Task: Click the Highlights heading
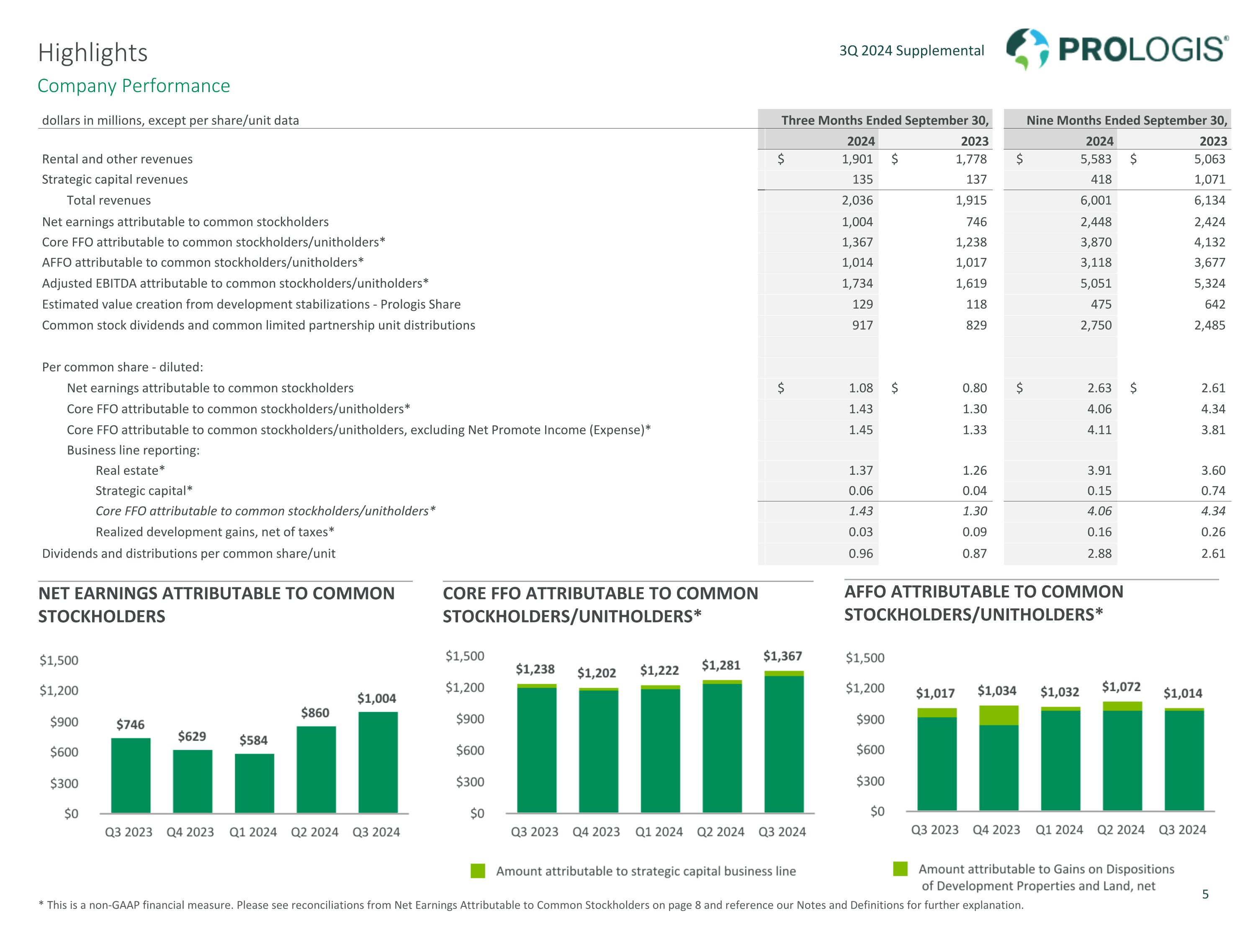pos(93,53)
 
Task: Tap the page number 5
pos(1205,894)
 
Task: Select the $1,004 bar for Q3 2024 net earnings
pos(378,762)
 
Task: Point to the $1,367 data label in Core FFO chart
pos(782,656)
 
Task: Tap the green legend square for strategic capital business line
pos(478,871)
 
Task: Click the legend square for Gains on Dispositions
pos(900,869)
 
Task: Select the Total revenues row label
pos(108,201)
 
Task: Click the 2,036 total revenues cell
pos(857,201)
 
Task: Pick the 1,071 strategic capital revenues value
pos(1210,180)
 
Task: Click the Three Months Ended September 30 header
pos(884,121)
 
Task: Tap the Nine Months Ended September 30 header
pos(1126,121)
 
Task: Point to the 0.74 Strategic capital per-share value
pos(1213,491)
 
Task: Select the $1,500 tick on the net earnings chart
pos(59,660)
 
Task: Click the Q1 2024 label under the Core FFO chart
pos(659,832)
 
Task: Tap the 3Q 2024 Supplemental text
pos(911,51)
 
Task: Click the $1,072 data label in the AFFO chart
pos(1121,687)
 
